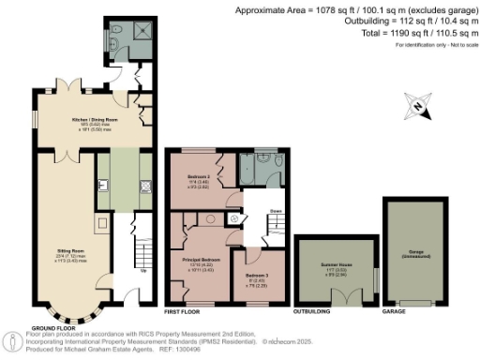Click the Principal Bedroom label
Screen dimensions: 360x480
(202, 262)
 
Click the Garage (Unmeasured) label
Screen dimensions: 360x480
(413, 253)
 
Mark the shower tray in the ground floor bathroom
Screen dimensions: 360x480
(144, 32)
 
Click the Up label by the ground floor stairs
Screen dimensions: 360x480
(142, 273)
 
